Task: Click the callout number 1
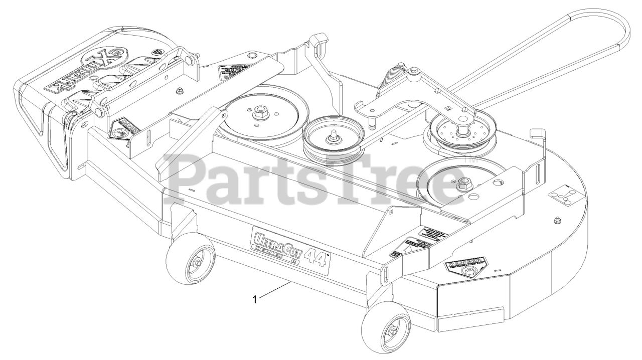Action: (x=255, y=299)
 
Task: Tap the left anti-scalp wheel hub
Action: (x=197, y=263)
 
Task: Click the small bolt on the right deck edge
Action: (x=556, y=220)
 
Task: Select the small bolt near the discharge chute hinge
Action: (x=179, y=91)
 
